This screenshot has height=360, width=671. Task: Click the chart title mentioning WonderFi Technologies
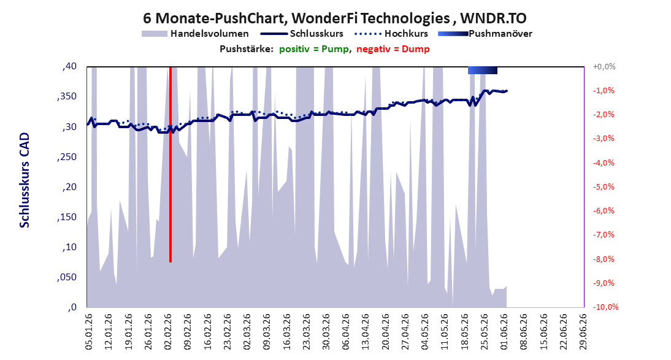point(335,18)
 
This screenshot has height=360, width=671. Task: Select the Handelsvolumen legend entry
point(195,34)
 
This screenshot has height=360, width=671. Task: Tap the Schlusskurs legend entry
point(302,34)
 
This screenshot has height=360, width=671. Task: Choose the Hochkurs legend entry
point(391,34)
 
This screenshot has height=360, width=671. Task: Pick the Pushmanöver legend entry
point(485,34)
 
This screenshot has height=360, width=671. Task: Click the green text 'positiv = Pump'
point(314,49)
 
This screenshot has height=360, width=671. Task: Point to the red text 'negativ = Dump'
point(393,49)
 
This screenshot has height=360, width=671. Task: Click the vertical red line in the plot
point(171,164)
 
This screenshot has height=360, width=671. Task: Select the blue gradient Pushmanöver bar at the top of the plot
point(482,70)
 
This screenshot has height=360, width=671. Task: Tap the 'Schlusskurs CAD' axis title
point(25,180)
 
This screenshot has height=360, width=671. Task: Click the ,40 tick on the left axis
point(69,66)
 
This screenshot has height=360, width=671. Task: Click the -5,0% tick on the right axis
point(604,186)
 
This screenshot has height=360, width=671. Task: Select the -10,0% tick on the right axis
point(605,307)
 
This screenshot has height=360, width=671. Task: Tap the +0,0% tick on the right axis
point(604,66)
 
